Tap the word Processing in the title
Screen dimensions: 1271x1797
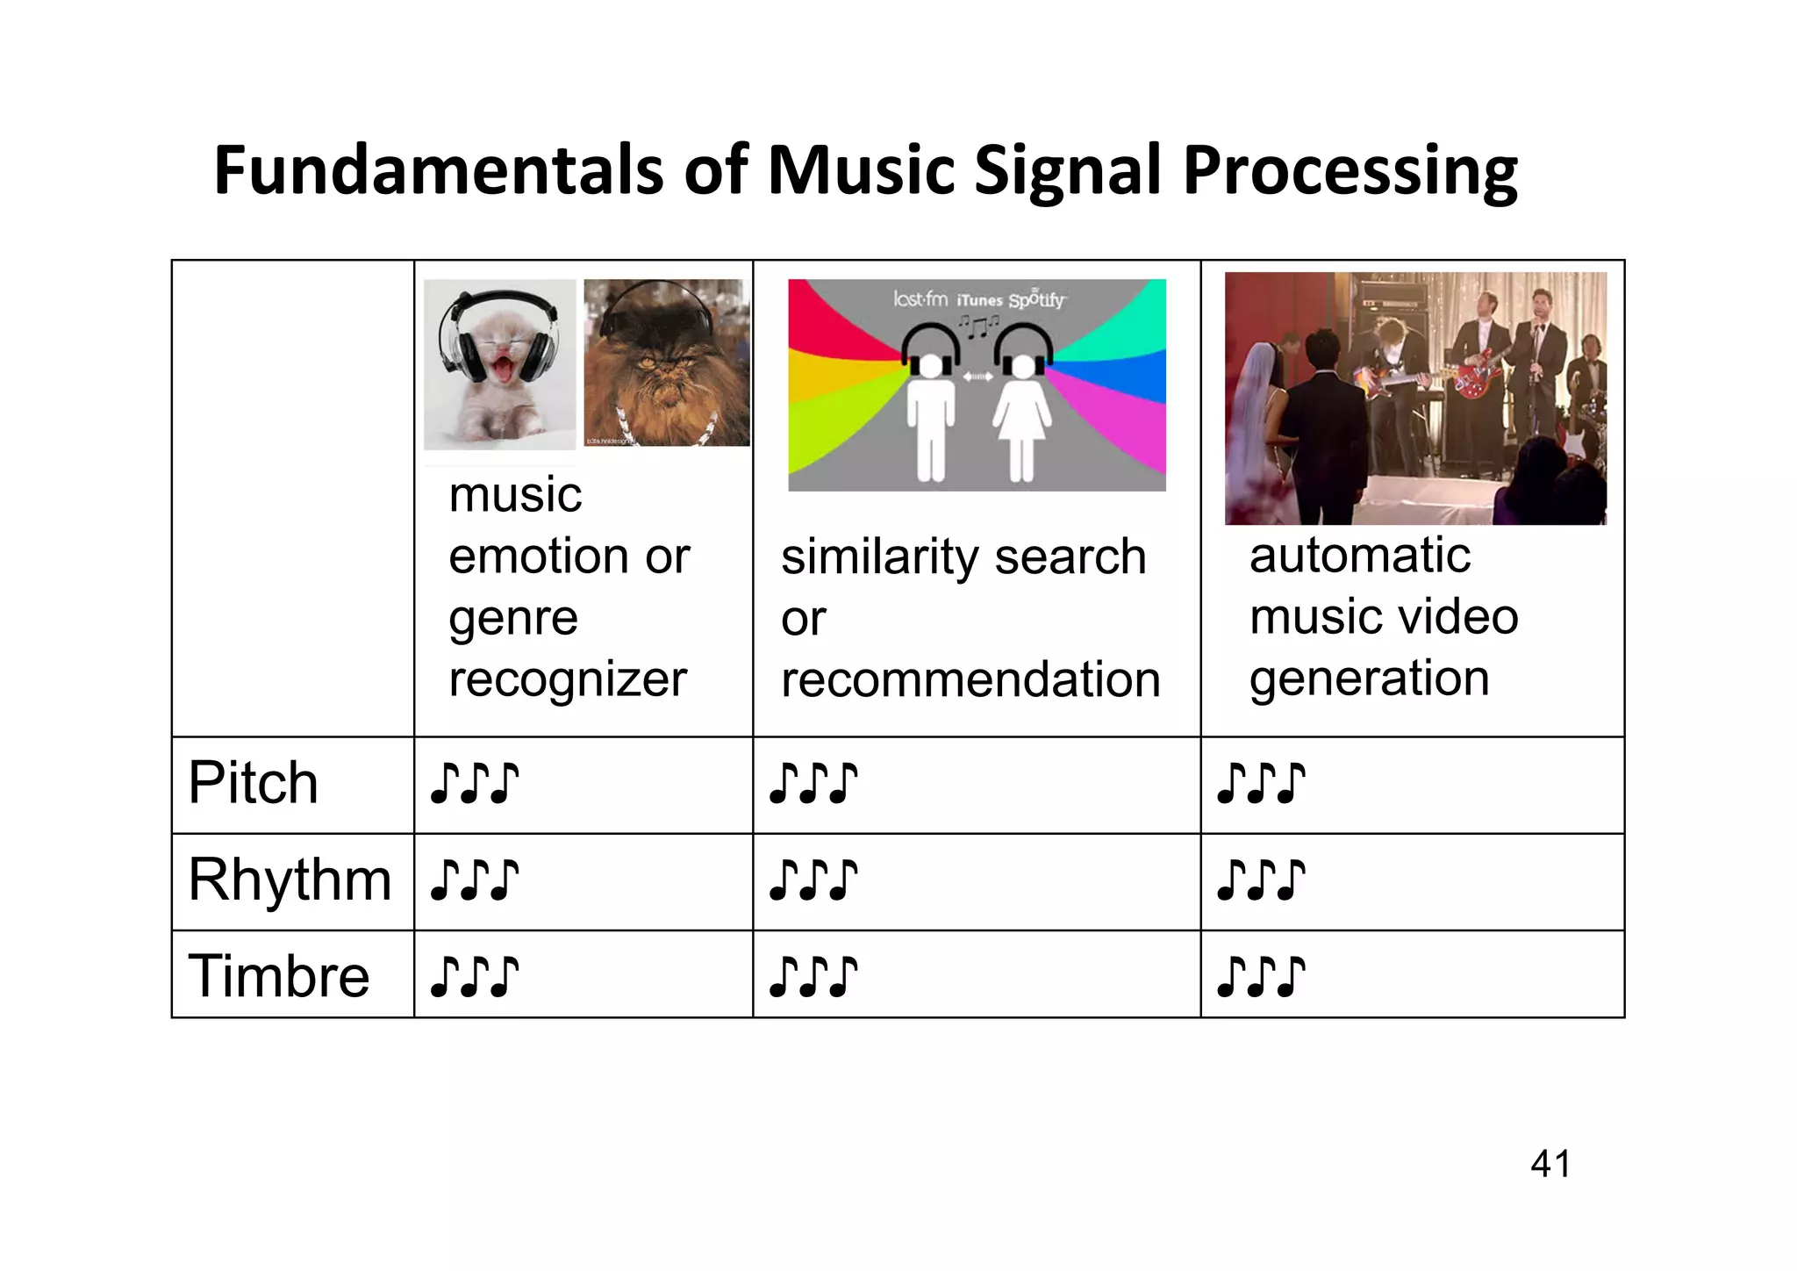1350,172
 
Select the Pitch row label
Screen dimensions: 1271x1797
253,783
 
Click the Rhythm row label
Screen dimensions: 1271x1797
290,880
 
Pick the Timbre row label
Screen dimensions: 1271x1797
279,976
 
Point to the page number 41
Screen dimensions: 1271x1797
1550,1164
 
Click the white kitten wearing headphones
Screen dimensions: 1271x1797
499,364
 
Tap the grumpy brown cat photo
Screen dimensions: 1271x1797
666,363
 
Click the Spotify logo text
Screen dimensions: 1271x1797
1036,300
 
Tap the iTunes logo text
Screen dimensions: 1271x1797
979,300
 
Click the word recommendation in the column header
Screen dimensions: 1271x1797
970,680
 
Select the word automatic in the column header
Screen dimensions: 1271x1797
1359,556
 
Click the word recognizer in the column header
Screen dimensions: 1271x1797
568,680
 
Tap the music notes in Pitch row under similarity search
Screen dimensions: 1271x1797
813,784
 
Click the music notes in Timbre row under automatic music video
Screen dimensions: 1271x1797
1260,977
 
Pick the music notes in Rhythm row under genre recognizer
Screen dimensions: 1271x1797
474,880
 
